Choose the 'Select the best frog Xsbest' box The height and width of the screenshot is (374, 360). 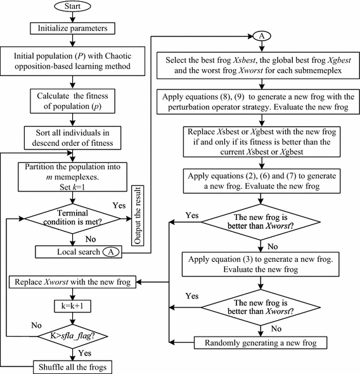pos(259,65)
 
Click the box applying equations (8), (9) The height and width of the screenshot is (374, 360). pos(259,101)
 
